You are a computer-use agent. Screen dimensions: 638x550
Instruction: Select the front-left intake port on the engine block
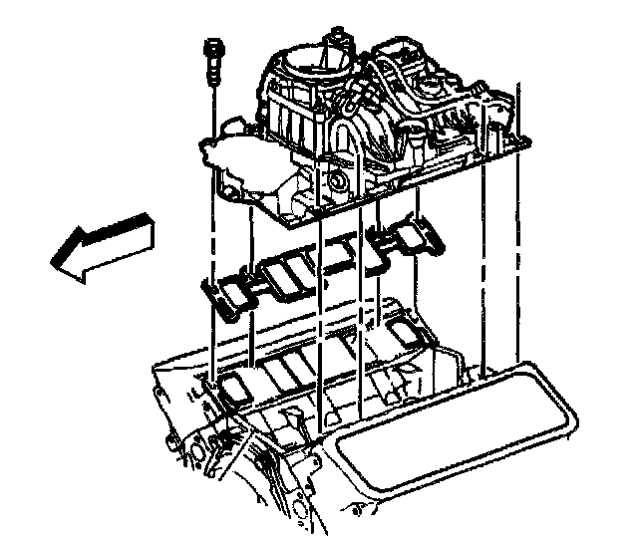[236, 387]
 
